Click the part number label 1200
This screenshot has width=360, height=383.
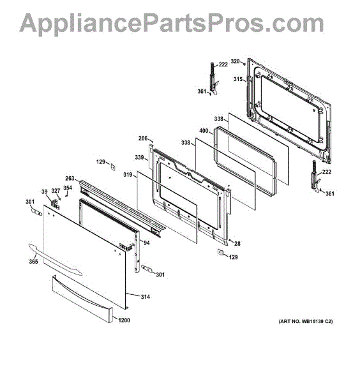pos(124,320)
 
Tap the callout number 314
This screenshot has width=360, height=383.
pos(146,297)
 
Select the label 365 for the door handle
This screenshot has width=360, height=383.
pos(33,262)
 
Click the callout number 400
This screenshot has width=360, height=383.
pos(204,131)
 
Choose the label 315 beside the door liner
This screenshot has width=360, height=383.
pos(238,79)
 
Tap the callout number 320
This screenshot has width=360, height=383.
pos(235,61)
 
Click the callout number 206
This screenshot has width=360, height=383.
pos(143,139)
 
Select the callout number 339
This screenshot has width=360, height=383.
pos(139,157)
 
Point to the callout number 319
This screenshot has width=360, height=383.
pos(128,175)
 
